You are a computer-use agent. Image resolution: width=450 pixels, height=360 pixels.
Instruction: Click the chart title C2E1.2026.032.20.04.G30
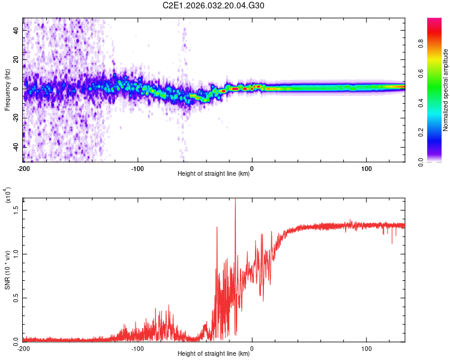(214, 5)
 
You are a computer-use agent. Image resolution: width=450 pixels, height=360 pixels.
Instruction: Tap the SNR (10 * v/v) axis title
(8, 270)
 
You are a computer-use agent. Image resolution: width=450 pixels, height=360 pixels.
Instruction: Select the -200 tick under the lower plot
(23, 348)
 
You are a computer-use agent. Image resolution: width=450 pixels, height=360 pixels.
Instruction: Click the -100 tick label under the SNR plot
(137, 348)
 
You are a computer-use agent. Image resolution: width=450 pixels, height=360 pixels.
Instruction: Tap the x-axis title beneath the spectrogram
(214, 174)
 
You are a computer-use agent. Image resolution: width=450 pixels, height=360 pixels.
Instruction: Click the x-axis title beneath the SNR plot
(214, 353)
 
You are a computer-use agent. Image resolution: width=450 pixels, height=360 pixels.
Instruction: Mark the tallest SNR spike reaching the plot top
(235, 200)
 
